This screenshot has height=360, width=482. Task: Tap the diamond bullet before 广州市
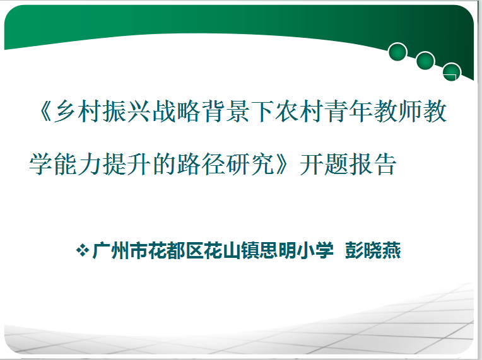tap(81, 251)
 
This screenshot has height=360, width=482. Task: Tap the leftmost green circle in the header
tap(397, 52)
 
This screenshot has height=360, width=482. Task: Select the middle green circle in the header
tap(425, 61)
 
